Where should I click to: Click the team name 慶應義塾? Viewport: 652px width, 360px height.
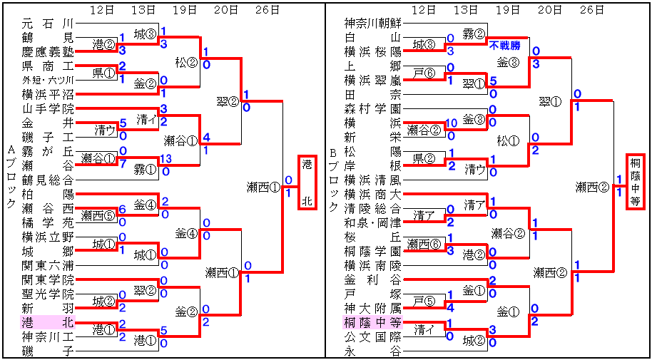[x=48, y=51]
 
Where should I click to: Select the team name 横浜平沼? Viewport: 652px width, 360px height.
[x=48, y=93]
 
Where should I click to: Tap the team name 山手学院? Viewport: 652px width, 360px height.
[x=48, y=108]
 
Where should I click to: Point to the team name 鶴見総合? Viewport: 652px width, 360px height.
[x=48, y=179]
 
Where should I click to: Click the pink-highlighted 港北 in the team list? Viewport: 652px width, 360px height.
[x=48, y=322]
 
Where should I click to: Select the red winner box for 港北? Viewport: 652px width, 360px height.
[x=307, y=182]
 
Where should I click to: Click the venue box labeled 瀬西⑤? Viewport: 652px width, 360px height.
[x=97, y=215]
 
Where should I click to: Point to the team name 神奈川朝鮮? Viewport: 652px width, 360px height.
[x=372, y=23]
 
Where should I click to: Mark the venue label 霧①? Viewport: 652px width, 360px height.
[x=146, y=168]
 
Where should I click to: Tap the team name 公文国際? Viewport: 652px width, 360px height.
[x=372, y=336]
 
